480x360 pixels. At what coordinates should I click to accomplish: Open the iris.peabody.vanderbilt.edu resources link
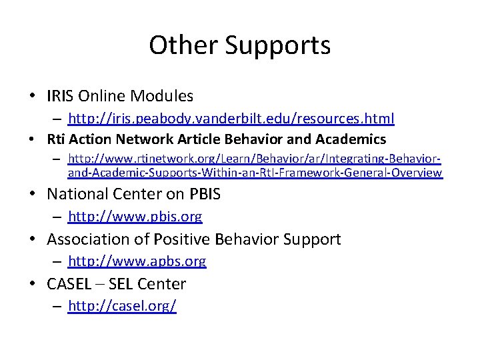coord(231,119)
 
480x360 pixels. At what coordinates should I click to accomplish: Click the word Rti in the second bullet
coord(56,139)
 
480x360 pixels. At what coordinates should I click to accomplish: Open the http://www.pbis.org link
coord(135,217)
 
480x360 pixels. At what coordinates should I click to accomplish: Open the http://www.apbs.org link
coord(137,261)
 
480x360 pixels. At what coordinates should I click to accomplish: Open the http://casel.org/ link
coord(122,307)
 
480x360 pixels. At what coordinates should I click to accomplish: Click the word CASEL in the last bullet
coord(67,284)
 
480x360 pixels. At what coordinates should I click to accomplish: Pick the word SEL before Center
coord(120,284)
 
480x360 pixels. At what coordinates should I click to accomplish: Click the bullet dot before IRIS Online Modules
coord(33,97)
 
